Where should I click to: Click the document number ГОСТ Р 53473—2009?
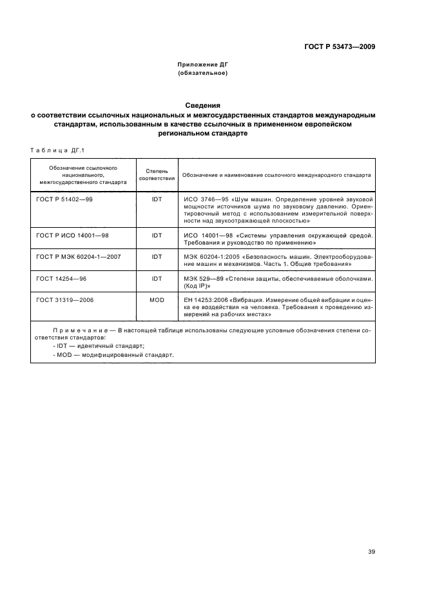[340, 46]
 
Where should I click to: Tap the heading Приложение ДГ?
[202, 65]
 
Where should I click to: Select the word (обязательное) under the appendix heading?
[202, 73]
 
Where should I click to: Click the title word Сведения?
[203, 105]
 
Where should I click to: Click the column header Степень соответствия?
[157, 174]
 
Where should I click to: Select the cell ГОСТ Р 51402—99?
[64, 199]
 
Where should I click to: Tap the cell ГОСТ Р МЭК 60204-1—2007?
[78, 256]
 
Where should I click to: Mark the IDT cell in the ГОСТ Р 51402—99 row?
[157, 199]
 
